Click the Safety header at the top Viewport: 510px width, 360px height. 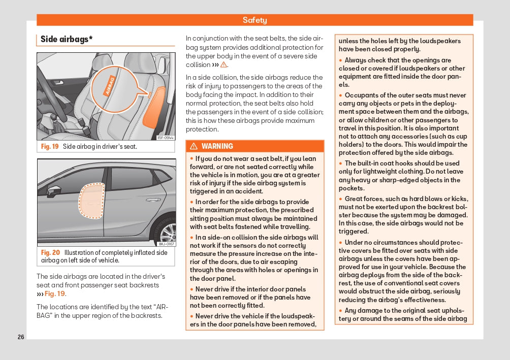[254, 20]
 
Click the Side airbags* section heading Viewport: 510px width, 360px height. [67, 39]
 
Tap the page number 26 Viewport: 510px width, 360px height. [21, 337]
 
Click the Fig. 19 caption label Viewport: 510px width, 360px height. [50, 147]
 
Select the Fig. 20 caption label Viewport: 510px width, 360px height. [50, 252]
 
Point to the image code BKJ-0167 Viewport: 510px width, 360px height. [166, 244]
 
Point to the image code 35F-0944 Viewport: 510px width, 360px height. [166, 138]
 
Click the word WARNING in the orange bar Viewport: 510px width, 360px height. [217, 146]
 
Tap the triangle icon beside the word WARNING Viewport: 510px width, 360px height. [194, 146]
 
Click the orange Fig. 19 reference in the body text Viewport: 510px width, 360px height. [54, 294]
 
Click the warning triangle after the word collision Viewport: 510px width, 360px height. [224, 65]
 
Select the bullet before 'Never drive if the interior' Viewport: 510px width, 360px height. [192, 289]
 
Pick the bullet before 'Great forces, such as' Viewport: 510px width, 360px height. [341, 199]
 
